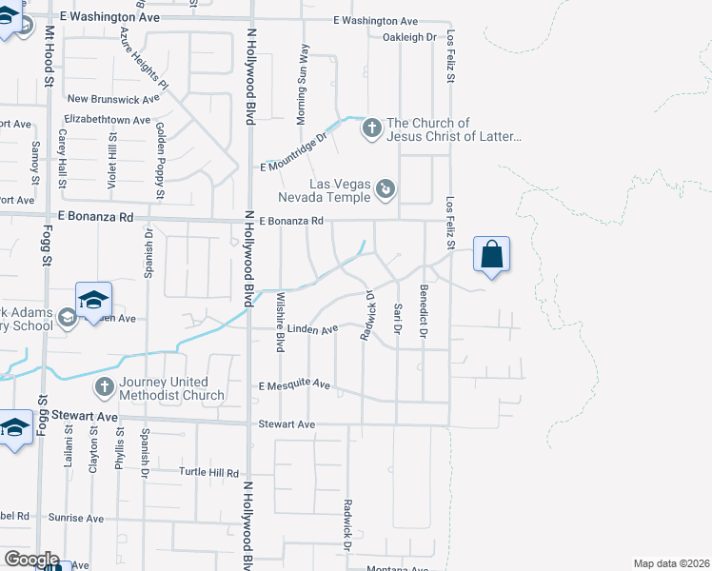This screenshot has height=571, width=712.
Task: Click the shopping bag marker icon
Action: pyautogui.click(x=491, y=255)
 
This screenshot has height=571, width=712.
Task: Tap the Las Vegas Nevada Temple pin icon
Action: pyautogui.click(x=386, y=189)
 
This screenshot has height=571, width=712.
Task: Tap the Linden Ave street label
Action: pyautogui.click(x=306, y=329)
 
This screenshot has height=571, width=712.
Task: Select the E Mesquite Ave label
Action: pyautogui.click(x=294, y=385)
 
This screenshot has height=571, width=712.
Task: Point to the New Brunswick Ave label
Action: pyautogui.click(x=112, y=99)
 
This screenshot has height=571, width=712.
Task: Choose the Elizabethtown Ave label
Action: pyautogui.click(x=107, y=121)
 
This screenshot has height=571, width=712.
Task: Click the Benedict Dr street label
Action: pyautogui.click(x=424, y=310)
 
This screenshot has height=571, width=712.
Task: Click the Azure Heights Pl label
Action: pyautogui.click(x=144, y=58)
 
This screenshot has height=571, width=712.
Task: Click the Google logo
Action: pyautogui.click(x=31, y=560)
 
